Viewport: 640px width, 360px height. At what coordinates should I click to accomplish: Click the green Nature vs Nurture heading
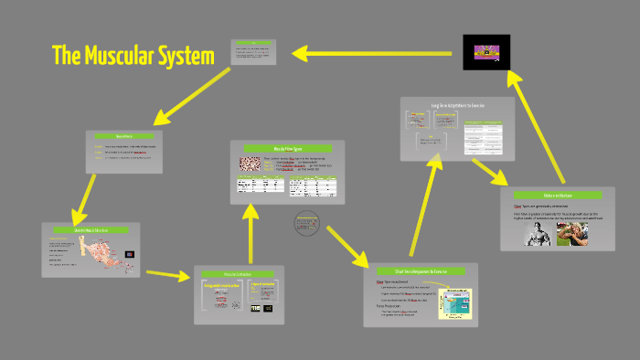click(x=557, y=195)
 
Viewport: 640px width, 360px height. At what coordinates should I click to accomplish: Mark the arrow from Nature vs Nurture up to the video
click(x=539, y=128)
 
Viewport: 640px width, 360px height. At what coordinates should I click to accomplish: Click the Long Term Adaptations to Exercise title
click(x=456, y=106)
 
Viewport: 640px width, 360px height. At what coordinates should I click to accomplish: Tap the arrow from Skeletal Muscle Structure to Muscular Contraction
click(x=167, y=273)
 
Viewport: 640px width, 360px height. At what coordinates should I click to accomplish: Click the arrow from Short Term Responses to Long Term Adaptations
click(x=427, y=201)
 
